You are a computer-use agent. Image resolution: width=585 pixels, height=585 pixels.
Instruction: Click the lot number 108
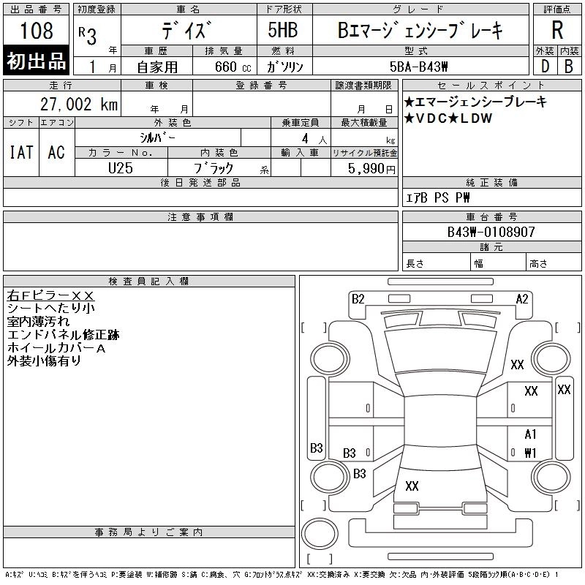coord(37,31)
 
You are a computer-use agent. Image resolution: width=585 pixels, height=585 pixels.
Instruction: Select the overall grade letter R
coord(556,31)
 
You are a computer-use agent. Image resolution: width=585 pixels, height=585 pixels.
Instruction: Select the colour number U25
coord(121,167)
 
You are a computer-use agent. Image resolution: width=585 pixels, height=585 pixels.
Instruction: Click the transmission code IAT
coord(20,152)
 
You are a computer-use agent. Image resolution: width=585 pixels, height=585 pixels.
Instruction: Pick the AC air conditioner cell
coord(56,152)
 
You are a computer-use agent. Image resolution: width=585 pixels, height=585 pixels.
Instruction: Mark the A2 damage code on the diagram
coord(522,298)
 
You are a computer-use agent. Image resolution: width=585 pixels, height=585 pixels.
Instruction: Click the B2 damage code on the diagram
coord(358,298)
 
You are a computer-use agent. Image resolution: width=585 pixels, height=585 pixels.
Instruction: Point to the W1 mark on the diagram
coord(530,453)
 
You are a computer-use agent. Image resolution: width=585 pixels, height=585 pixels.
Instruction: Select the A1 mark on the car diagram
coord(530,434)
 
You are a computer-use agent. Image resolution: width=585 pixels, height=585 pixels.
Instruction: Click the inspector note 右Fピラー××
coord(50,295)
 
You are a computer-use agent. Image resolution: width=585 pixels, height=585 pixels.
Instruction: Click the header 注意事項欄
coord(200,217)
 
